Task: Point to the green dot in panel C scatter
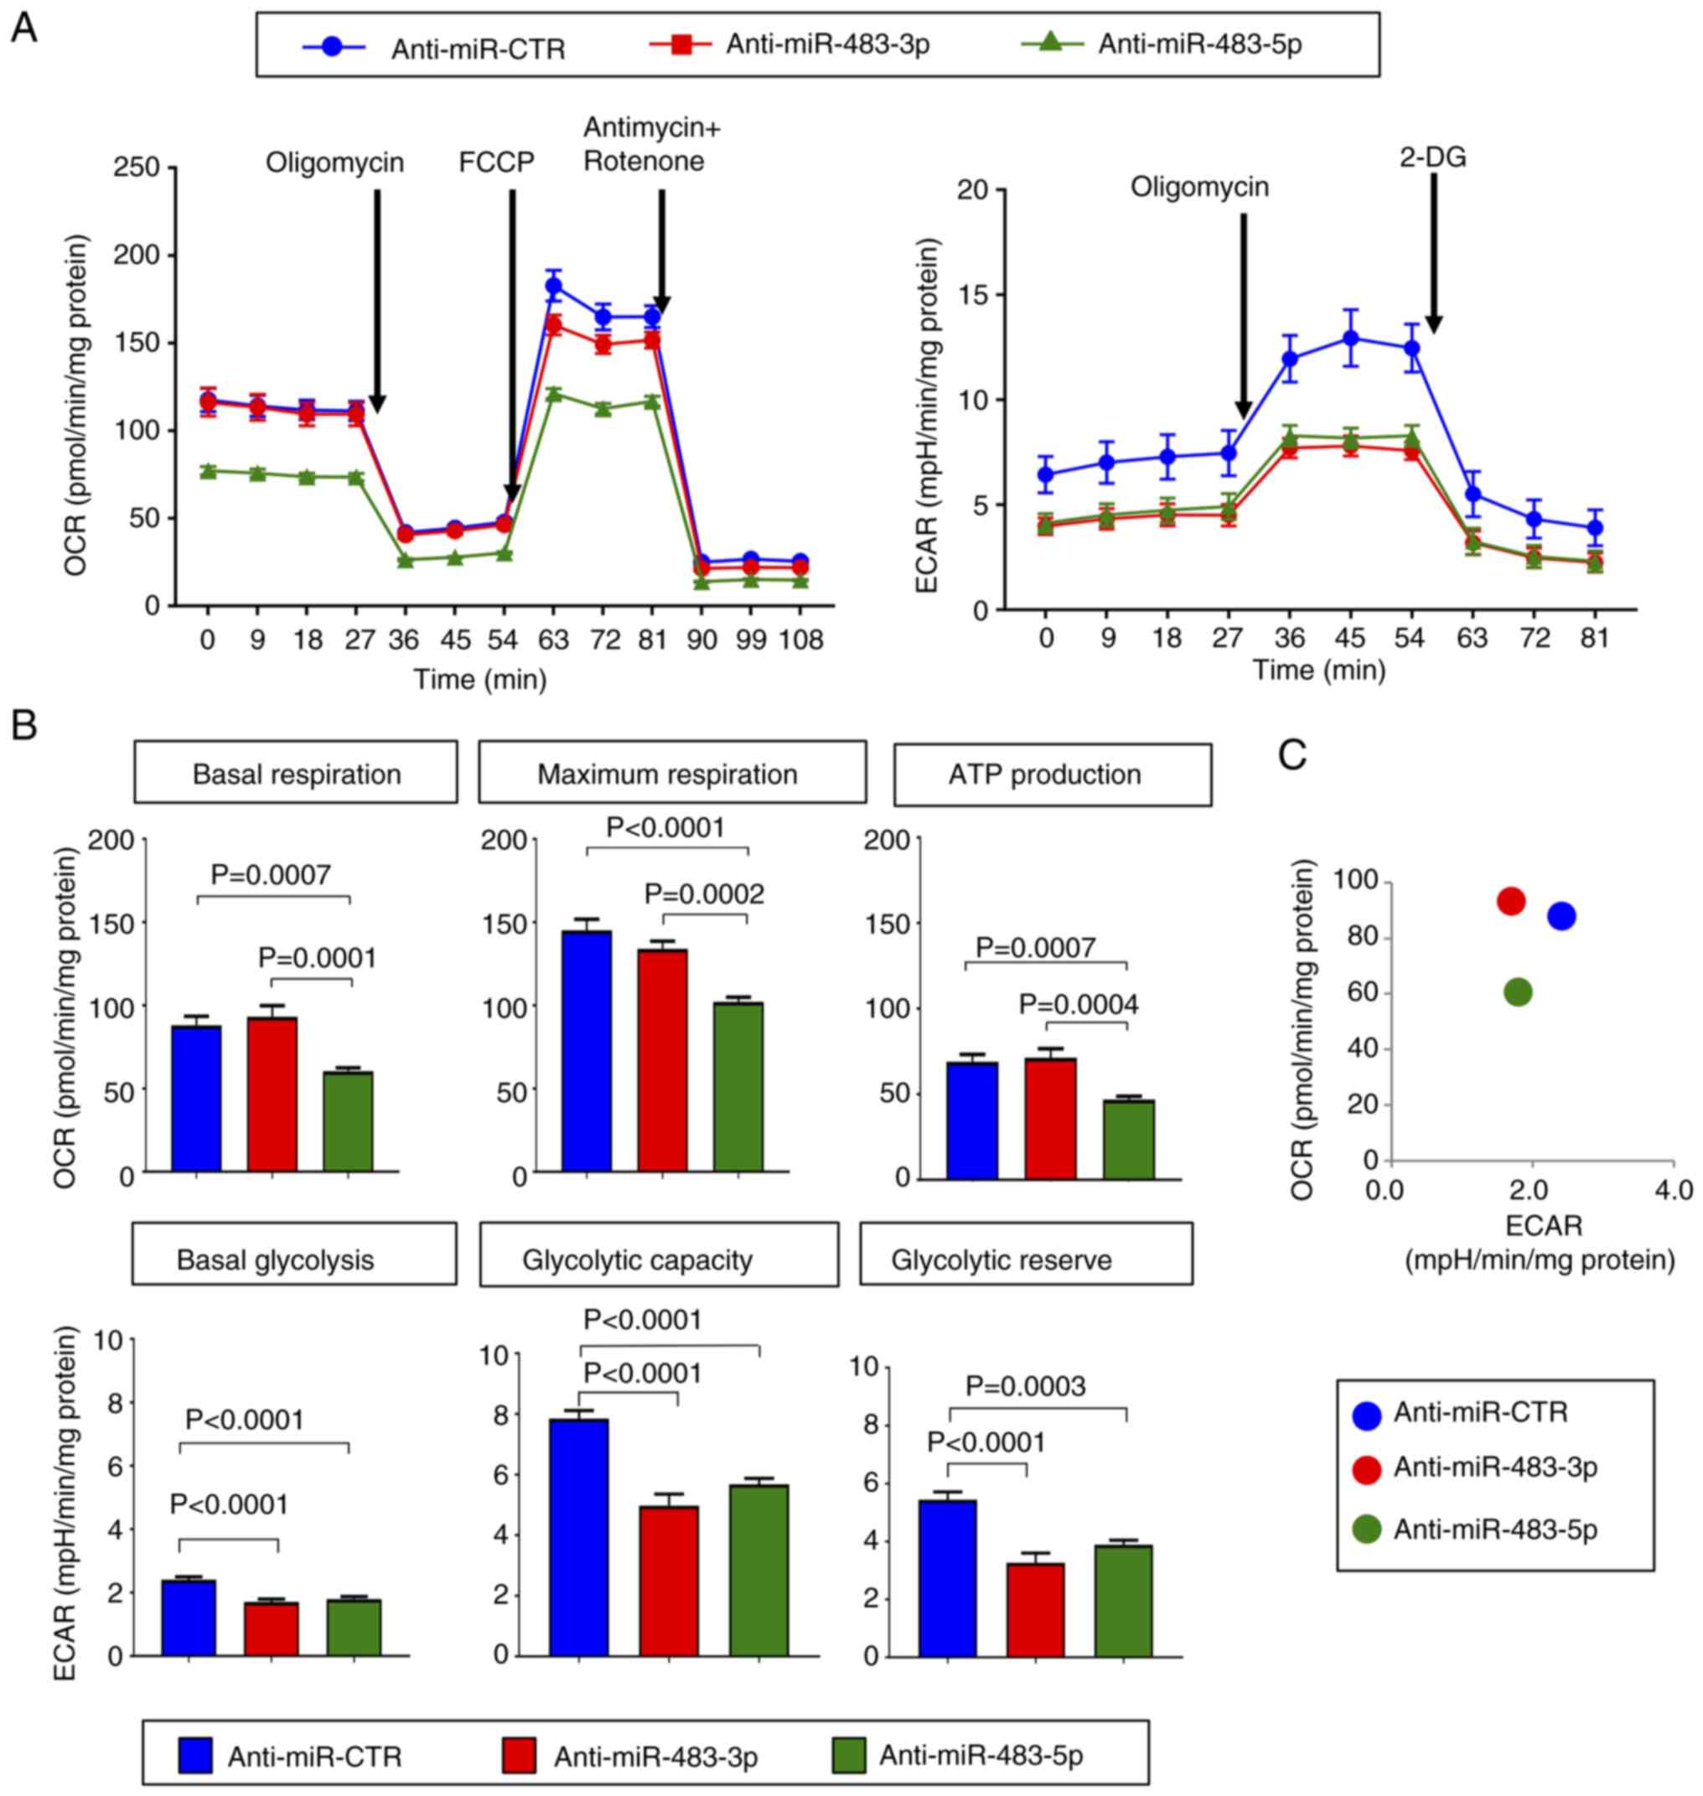1518,993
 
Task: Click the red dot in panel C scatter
1510,901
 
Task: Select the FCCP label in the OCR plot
496,163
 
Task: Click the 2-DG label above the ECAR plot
1432,158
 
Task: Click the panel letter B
23,724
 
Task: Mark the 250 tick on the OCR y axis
136,168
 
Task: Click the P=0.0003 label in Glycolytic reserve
1025,1386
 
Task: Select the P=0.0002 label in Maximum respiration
705,894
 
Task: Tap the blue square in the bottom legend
195,1755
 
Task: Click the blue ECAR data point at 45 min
1351,339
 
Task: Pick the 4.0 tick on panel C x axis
1673,1189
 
